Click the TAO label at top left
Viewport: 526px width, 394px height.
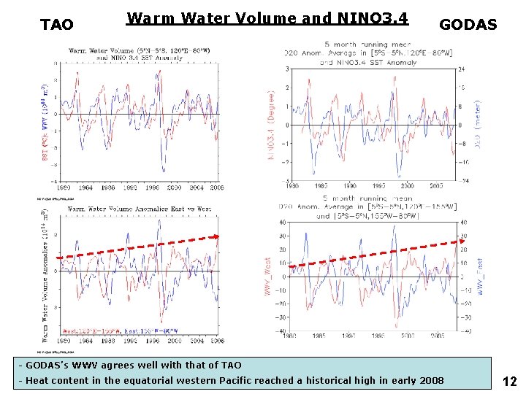56,26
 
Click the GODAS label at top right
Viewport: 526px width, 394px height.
468,26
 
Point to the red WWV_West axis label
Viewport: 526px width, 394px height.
267,276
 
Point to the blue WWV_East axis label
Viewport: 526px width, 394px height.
480,276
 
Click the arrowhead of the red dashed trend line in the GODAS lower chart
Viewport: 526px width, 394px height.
461,242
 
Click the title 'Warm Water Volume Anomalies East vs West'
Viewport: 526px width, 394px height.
139,209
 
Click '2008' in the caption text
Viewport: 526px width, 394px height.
430,380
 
